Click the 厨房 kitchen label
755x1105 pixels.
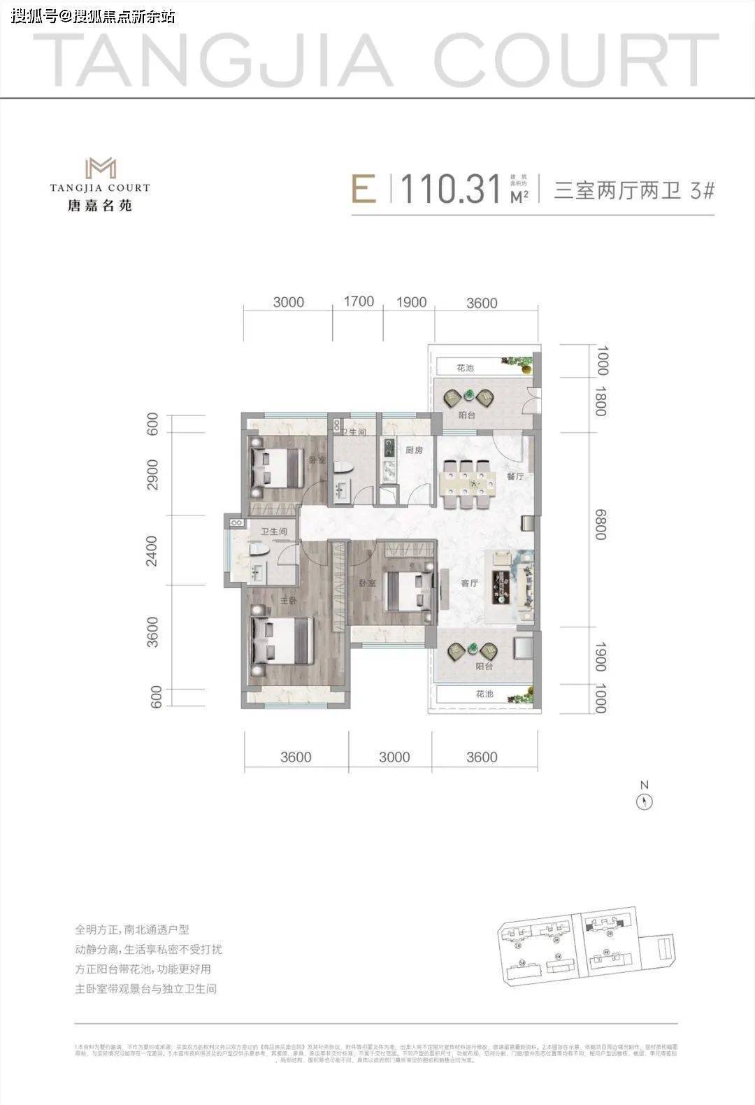coord(414,450)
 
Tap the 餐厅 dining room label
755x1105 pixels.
coord(516,476)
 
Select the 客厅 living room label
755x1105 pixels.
coord(469,583)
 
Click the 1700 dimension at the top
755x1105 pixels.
coord(359,301)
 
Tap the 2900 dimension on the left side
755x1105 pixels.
coord(154,475)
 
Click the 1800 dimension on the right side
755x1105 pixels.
coord(600,401)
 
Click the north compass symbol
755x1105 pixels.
coord(644,802)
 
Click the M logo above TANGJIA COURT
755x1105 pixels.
coord(100,168)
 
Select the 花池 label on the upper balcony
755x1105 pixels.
coord(465,368)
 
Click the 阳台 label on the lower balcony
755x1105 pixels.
coord(484,666)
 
